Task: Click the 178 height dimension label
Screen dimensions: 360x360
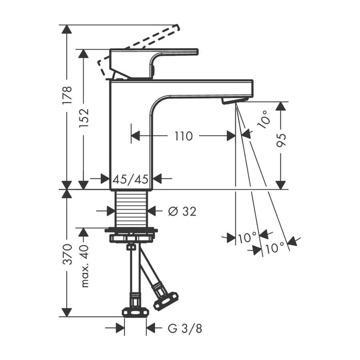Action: point(68,95)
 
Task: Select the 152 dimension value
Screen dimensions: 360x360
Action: point(84,118)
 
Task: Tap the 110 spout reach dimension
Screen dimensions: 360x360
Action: point(184,136)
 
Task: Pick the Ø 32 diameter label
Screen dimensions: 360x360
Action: point(182,211)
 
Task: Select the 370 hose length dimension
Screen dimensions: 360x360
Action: point(68,254)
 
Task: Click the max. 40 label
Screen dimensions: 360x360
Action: point(84,266)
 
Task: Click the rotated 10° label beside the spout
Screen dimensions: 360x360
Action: point(263,119)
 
